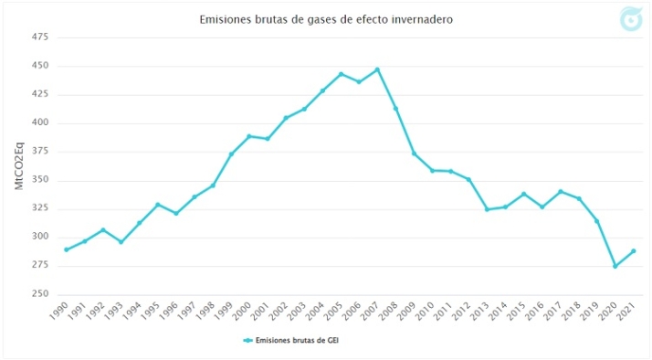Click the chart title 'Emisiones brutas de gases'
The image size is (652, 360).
pyautogui.click(x=326, y=19)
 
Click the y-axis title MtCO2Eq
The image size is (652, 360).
pyautogui.click(x=18, y=165)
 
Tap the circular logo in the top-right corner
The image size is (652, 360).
pyautogui.click(x=630, y=18)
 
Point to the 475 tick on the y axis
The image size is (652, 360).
pyautogui.click(x=39, y=37)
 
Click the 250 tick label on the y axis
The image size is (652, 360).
pyautogui.click(x=39, y=294)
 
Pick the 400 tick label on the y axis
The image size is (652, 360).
pyautogui.click(x=39, y=122)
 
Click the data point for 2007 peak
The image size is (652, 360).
pyautogui.click(x=377, y=69)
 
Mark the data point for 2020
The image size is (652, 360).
pyautogui.click(x=615, y=266)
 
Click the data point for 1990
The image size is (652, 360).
pyautogui.click(x=66, y=249)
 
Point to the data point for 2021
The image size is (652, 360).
pyautogui.click(x=634, y=251)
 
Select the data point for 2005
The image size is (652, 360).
pyautogui.click(x=341, y=74)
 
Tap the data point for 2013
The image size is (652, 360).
pyautogui.click(x=487, y=209)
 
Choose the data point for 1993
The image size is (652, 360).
pyautogui.click(x=121, y=242)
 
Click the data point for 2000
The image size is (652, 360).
pyautogui.click(x=248, y=136)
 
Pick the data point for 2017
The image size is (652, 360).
pyautogui.click(x=561, y=192)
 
